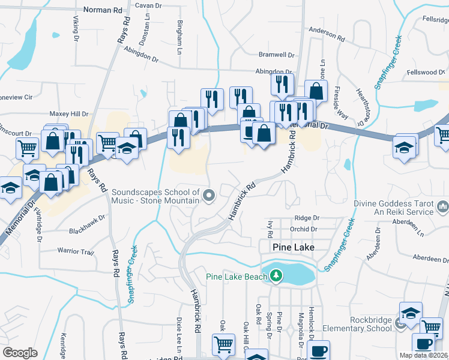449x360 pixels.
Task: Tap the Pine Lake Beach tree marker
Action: (276, 276)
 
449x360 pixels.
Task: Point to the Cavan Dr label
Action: (149, 5)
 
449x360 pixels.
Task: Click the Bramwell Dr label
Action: (276, 55)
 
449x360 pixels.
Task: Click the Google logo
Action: (20, 353)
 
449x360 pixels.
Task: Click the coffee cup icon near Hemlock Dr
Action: (318, 349)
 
